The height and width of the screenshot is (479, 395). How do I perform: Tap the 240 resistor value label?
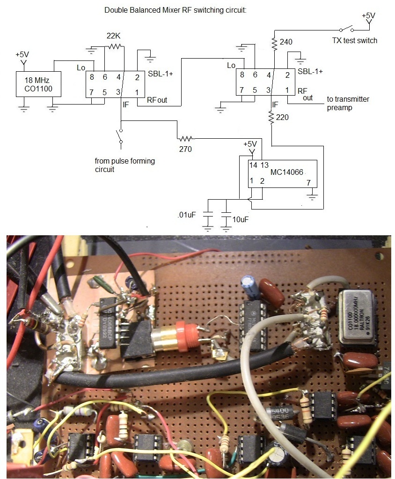(286, 42)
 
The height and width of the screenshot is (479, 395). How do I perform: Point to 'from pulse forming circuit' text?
(124, 165)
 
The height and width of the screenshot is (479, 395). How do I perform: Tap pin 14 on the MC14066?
(253, 165)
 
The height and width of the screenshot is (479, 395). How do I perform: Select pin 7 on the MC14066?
(307, 182)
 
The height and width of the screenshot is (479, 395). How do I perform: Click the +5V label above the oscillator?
(22, 54)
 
